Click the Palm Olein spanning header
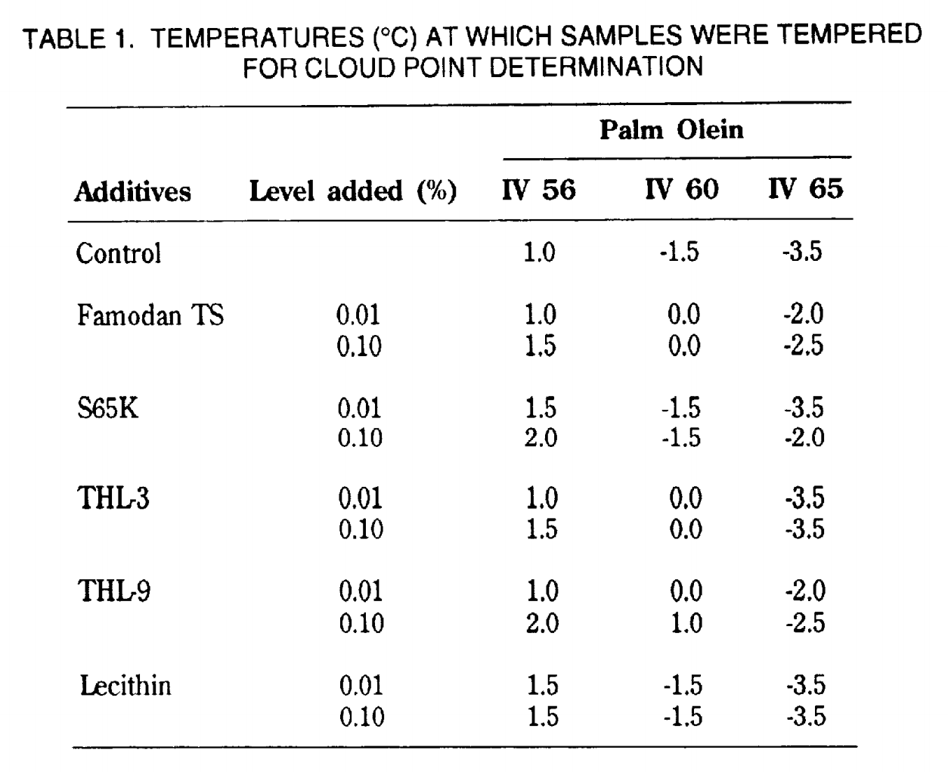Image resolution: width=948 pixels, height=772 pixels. (671, 130)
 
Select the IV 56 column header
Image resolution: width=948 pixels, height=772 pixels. (539, 190)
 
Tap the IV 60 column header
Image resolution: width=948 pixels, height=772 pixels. (682, 189)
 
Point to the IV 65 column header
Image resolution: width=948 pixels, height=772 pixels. (806, 188)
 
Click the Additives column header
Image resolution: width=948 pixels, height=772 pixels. (132, 192)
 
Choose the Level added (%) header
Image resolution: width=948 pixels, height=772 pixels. (353, 191)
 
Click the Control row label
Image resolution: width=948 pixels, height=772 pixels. (119, 253)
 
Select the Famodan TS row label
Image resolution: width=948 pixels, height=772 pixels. (150, 315)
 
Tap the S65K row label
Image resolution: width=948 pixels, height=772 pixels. (107, 408)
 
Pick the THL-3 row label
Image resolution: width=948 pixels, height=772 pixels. (113, 498)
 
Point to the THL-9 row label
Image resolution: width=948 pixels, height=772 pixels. (114, 591)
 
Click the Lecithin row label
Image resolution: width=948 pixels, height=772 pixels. (125, 685)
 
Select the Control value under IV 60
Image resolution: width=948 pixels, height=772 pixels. (680, 252)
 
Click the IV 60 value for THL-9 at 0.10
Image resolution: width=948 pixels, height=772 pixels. (686, 622)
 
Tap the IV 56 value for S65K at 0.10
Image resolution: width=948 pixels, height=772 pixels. (541, 438)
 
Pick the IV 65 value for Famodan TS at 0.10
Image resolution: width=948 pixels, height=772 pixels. (804, 346)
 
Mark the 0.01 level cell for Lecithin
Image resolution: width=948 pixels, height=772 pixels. (361, 685)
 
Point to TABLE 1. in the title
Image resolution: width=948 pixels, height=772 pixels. (79, 39)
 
